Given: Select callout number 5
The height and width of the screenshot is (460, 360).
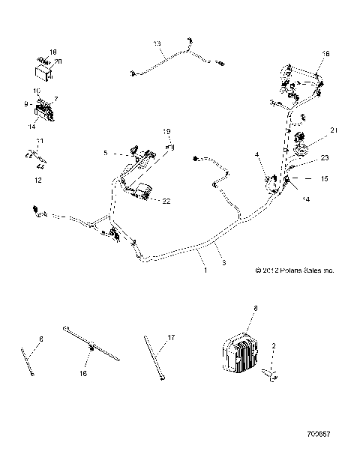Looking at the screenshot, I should pos(106,153).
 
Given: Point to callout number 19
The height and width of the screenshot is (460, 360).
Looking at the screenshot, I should pos(169,132).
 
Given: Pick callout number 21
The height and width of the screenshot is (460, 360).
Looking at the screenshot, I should pos(334,130).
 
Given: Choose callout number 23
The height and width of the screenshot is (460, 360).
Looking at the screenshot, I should pos(325,158).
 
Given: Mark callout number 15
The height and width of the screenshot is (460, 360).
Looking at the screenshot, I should pos(324,179).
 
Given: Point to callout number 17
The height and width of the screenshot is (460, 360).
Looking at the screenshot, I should pos(172,338).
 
